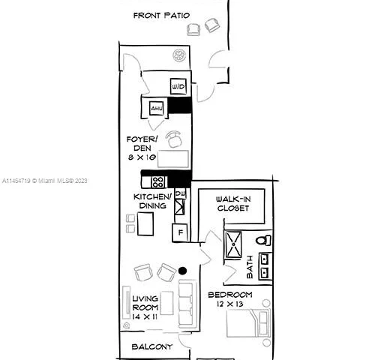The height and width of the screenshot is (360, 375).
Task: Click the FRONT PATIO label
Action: tap(161, 15)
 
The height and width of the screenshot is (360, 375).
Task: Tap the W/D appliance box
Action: tap(178, 87)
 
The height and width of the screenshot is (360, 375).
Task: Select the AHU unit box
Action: tap(157, 109)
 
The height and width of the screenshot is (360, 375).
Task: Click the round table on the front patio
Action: tap(179, 55)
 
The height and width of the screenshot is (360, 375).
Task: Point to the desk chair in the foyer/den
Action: tap(175, 139)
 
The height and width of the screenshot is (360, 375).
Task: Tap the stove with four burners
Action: tap(157, 181)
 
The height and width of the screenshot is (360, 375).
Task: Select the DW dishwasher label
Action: tap(180, 195)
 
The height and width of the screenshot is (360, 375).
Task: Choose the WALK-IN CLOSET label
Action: tap(233, 203)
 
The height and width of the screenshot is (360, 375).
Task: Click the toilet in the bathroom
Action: tap(262, 241)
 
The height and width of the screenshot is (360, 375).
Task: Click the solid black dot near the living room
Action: tap(182, 271)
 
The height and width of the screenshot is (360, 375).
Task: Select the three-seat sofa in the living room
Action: tap(187, 301)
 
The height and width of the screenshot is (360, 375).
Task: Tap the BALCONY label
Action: tap(152, 346)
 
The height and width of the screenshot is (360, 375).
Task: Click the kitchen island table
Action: tap(145, 223)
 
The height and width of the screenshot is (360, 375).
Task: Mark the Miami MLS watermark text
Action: tap(45, 181)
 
